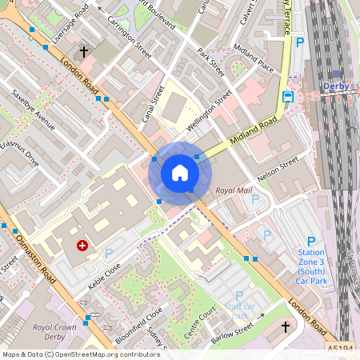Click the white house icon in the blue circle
click(180, 173)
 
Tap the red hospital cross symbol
click(82, 246)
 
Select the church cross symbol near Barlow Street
click(286, 327)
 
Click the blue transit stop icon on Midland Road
click(287, 97)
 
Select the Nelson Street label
click(278, 168)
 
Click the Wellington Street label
click(209, 114)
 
